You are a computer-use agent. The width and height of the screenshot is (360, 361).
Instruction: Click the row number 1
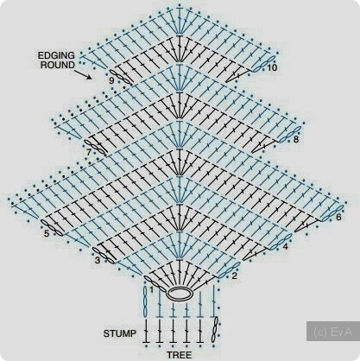tap(152, 288)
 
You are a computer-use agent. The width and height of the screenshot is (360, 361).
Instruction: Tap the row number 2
tap(235, 275)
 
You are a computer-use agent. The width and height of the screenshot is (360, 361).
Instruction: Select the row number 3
tap(98, 261)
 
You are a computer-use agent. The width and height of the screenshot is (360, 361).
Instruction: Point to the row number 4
tap(285, 247)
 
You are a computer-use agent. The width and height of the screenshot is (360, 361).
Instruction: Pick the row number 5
tap(47, 233)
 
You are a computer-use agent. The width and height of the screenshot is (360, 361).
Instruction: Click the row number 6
tap(338, 217)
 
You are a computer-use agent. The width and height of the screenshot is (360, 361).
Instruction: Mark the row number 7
tap(89, 152)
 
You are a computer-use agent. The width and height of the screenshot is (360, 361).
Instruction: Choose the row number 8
tap(296, 140)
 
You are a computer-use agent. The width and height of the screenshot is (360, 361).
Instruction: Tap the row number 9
tap(111, 81)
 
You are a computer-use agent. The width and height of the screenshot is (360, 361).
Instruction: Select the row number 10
tap(272, 68)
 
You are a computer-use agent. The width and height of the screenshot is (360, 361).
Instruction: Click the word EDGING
tap(56, 55)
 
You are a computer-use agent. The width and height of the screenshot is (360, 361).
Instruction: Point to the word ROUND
tap(58, 65)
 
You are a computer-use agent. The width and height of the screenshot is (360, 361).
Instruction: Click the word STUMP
tap(120, 333)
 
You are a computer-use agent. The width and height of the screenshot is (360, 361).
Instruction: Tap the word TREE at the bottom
tap(180, 355)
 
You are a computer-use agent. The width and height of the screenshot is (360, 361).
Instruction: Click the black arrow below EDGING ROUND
tap(84, 75)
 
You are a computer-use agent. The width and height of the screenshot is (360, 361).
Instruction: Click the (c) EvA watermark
tap(332, 332)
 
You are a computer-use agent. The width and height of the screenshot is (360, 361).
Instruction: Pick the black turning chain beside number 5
tap(52, 228)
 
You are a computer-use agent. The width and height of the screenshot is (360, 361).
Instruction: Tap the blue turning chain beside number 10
tap(264, 65)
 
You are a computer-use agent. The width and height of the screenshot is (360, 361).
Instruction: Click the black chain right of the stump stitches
tap(215, 330)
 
